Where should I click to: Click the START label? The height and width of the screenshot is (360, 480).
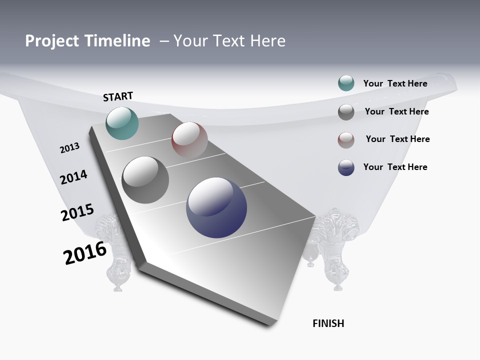tap(118, 96)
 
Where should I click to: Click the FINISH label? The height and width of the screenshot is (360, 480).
tap(328, 323)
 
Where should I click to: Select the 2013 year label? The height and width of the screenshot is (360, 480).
tap(69, 148)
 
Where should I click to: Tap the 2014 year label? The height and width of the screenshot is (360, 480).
tap(73, 177)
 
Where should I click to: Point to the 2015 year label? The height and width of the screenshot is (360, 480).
tap(77, 212)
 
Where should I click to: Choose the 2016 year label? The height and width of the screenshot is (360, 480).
tap(85, 253)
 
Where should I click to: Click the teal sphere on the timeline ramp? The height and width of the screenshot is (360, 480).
tap(122, 123)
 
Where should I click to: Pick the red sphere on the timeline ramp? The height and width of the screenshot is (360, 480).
tap(189, 140)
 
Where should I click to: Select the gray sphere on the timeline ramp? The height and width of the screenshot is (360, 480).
tap(145, 179)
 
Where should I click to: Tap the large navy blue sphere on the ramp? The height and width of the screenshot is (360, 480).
tap(216, 207)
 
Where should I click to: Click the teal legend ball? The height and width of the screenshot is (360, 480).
tap(346, 83)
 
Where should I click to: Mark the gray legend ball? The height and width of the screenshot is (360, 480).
tap(346, 112)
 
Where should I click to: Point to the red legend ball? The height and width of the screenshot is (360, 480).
tap(346, 140)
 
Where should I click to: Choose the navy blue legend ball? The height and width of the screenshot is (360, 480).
tap(346, 167)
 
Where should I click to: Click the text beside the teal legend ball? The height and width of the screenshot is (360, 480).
tap(395, 83)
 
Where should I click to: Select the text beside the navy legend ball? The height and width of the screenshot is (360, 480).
tap(395, 167)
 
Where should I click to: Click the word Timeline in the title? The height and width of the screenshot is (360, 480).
tap(117, 41)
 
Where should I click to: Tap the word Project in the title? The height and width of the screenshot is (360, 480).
tap(52, 41)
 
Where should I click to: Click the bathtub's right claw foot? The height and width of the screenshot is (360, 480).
tap(334, 250)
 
